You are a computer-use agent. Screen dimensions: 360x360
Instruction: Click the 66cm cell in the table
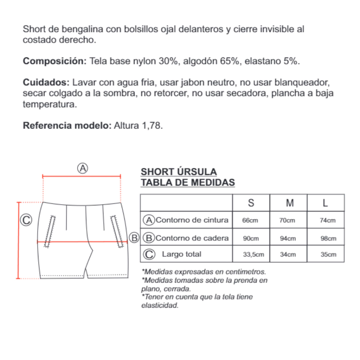250,221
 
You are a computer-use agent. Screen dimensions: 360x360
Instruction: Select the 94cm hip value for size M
288,238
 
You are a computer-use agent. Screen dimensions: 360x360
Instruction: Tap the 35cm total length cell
328,255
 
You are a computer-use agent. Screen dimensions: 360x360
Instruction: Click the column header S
251,203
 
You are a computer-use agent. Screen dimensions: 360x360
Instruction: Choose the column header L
326,203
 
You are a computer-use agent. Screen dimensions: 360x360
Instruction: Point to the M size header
290,203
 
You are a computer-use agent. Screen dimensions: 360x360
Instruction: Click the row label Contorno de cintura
192,220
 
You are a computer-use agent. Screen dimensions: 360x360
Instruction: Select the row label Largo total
181,254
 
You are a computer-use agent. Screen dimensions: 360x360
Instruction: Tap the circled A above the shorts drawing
82,169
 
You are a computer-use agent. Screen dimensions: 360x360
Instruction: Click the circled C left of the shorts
26,220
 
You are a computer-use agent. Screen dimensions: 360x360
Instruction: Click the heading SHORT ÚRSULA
179,172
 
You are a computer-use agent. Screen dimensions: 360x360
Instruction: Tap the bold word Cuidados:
46,83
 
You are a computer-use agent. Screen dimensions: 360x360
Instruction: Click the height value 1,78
152,126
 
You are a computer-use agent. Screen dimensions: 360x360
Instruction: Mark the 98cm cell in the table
328,238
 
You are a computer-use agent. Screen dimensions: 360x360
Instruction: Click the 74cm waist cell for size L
328,221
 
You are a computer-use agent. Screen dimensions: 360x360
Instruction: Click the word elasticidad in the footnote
160,306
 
